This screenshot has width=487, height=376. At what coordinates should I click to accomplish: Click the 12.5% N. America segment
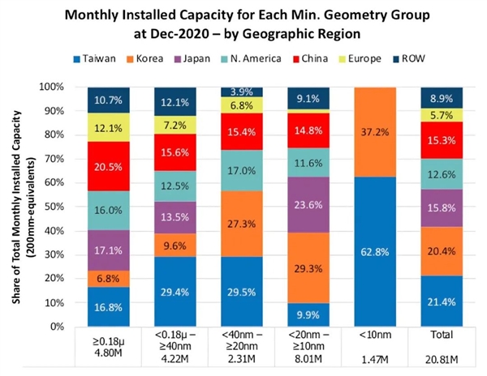click(177, 187)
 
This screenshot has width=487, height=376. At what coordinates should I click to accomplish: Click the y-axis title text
click(23, 207)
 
